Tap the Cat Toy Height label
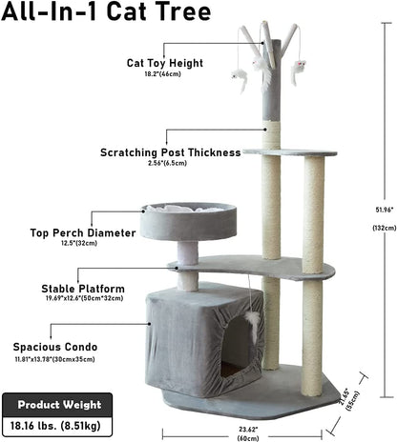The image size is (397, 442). (x=164, y=64)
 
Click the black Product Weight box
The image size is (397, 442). (x=57, y=404)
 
